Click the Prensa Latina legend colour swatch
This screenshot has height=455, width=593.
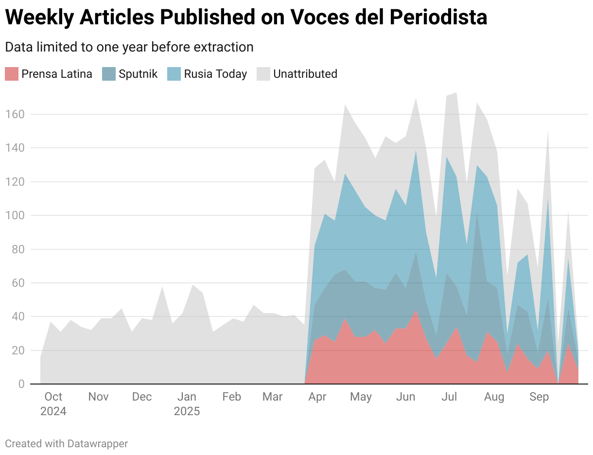(x=12, y=74)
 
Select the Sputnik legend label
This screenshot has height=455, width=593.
(x=138, y=74)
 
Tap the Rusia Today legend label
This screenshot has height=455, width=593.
(x=215, y=74)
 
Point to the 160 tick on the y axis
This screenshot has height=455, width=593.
(x=15, y=114)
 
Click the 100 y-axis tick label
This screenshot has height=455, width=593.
(x=15, y=215)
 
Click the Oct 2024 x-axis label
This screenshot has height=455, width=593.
(x=53, y=404)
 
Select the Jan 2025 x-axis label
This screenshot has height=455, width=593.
(x=187, y=404)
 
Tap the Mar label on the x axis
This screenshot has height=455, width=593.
(x=272, y=397)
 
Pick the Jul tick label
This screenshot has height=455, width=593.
(x=449, y=397)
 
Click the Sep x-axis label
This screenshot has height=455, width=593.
(x=539, y=397)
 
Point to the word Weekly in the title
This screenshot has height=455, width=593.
(x=38, y=17)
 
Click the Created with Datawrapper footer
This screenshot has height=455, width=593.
(x=67, y=443)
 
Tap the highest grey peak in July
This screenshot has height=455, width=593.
(x=456, y=93)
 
